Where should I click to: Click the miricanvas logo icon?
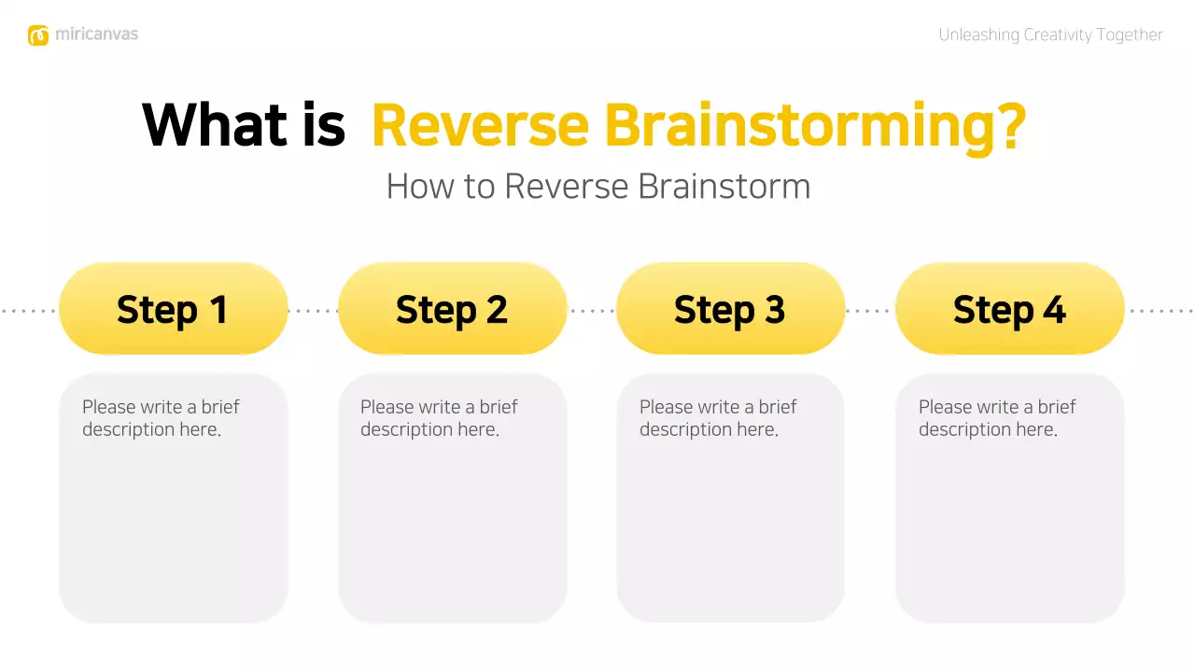coord(38,35)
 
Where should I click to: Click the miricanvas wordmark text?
coord(96,35)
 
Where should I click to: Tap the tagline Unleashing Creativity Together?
coord(1050,35)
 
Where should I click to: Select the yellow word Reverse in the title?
coord(480,125)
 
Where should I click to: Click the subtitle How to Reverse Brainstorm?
coord(597,186)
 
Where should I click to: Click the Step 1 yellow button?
coord(173,309)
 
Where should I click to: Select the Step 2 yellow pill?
coord(452,309)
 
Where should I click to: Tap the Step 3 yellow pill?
coord(730,309)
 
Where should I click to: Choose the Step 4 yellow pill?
coord(1009,309)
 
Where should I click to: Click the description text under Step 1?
coord(160,418)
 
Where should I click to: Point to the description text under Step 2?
coord(438,418)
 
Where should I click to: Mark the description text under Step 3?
coord(717,418)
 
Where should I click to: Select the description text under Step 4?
coord(996,418)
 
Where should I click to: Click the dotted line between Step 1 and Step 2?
coord(313,310)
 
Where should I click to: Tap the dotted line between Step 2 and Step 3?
coord(592,310)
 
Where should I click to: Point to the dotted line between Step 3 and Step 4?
coord(870,310)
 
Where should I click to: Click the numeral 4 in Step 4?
coord(1053,310)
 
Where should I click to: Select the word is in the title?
coord(323,125)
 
